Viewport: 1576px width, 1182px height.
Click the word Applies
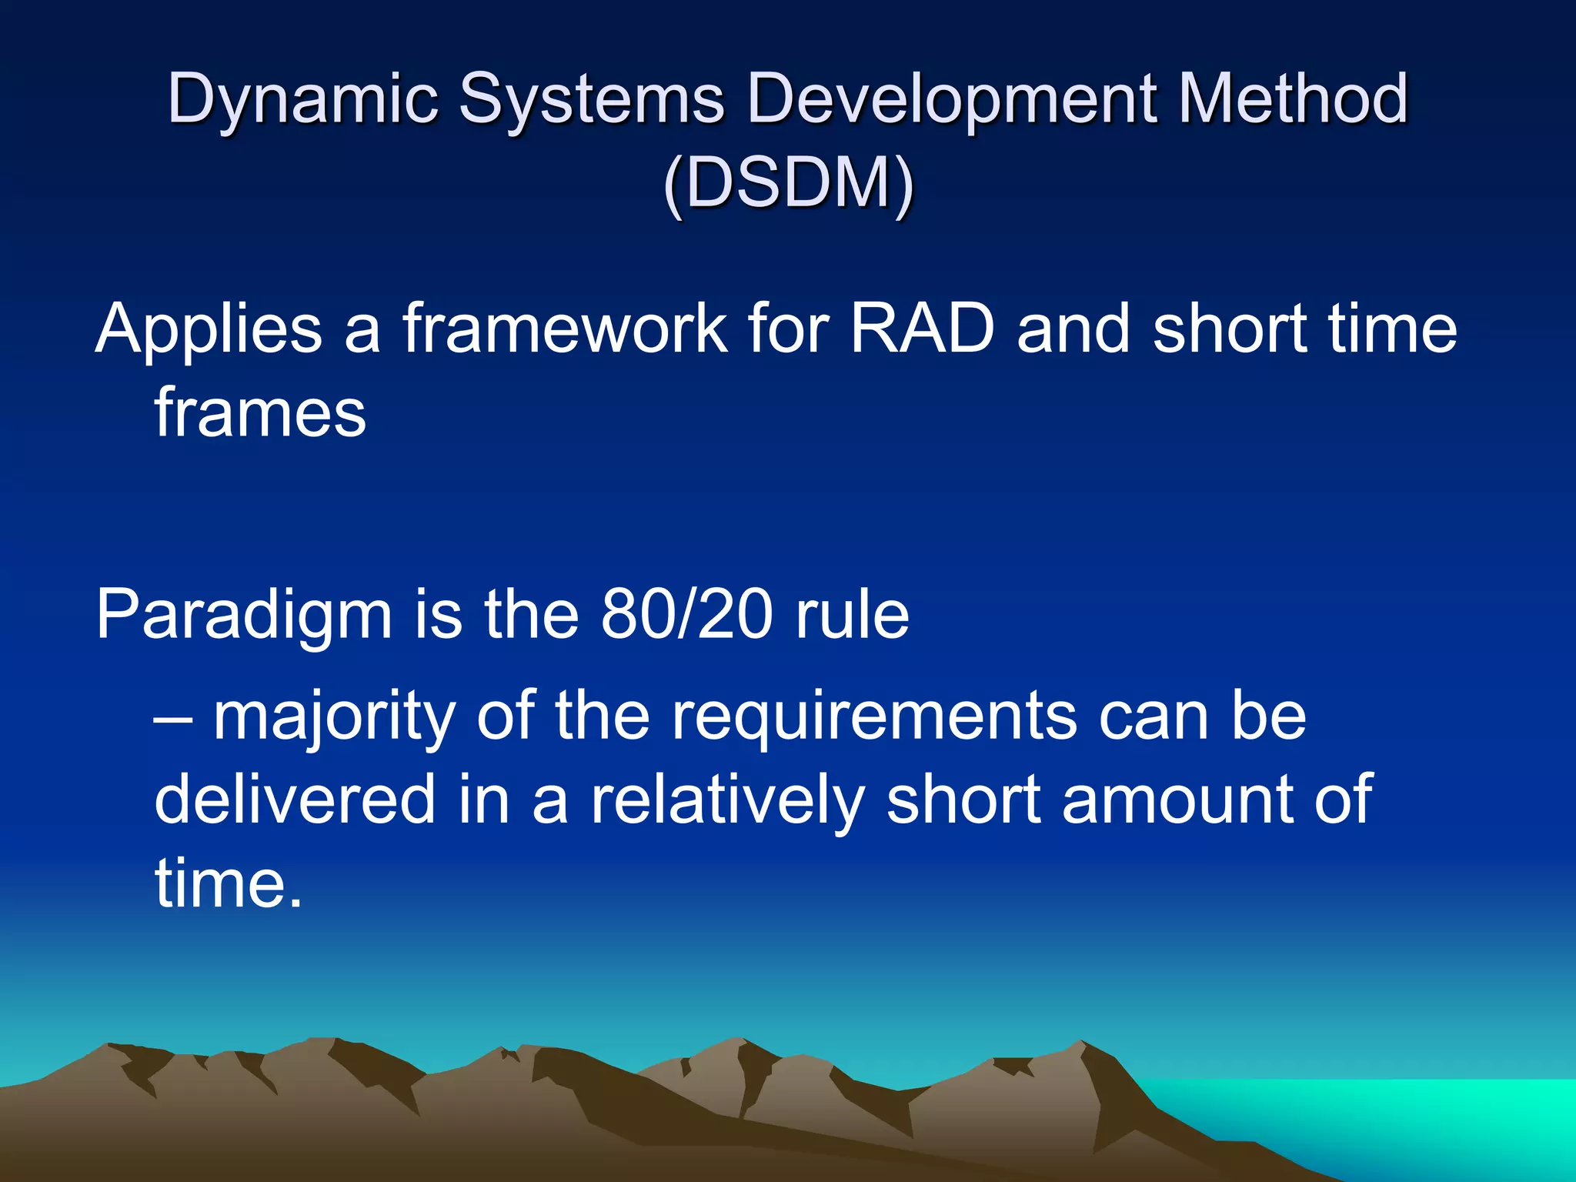click(x=209, y=329)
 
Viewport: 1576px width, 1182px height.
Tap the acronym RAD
click(x=923, y=329)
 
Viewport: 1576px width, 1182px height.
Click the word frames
click(x=260, y=413)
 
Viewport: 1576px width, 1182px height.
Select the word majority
click(x=335, y=717)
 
